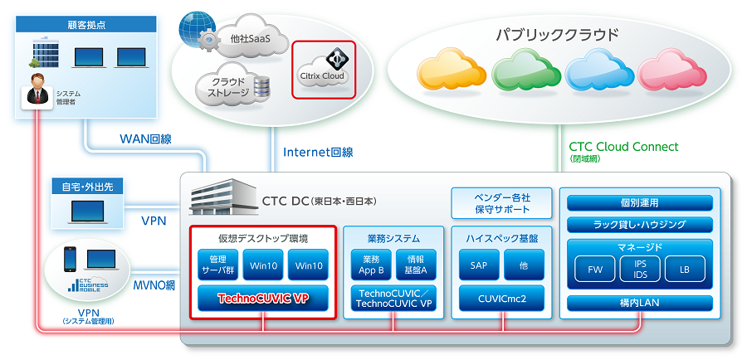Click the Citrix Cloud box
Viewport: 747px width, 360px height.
click(x=324, y=70)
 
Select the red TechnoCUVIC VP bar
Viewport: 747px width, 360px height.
click(x=263, y=296)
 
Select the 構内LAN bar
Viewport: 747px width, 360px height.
click(x=639, y=303)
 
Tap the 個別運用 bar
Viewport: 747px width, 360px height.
click(x=639, y=203)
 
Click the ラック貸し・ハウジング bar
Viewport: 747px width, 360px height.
click(x=639, y=225)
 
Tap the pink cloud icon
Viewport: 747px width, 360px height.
click(x=672, y=70)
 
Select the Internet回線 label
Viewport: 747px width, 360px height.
click(x=318, y=152)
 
